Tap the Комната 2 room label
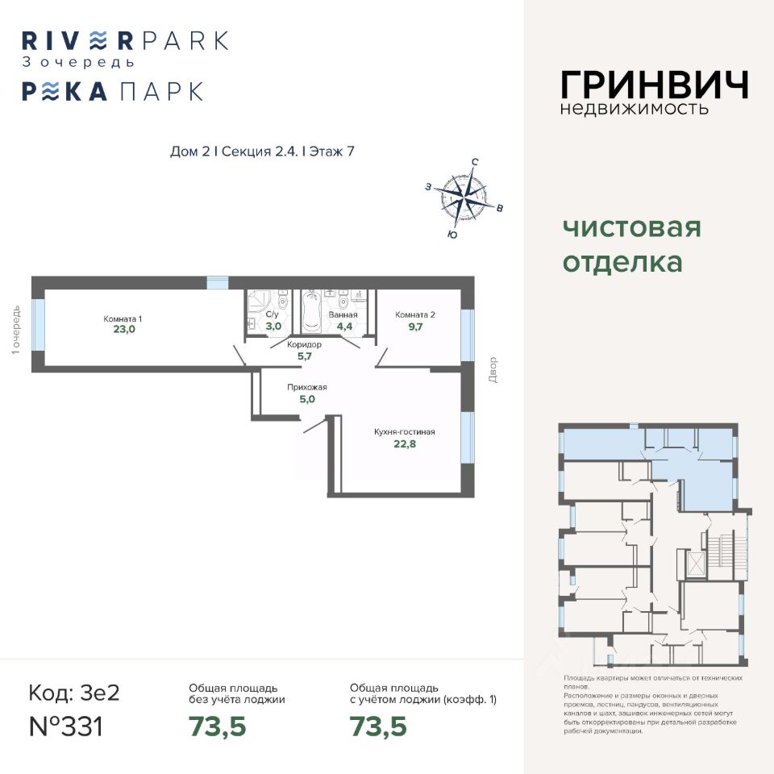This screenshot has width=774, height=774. click(x=415, y=314)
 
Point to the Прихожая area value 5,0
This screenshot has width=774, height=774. click(x=306, y=397)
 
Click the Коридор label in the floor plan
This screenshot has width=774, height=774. click(x=304, y=344)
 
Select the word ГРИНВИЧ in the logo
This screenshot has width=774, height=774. click(x=654, y=85)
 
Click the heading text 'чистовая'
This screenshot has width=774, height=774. click(x=631, y=227)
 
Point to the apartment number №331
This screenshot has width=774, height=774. click(x=66, y=726)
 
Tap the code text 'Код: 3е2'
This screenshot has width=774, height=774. click(x=73, y=693)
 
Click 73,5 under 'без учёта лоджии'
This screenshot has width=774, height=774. click(x=217, y=726)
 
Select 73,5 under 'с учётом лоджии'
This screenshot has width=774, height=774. click(x=378, y=726)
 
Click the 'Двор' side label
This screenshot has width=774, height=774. click(x=493, y=370)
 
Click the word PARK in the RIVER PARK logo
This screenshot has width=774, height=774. click(x=182, y=40)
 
